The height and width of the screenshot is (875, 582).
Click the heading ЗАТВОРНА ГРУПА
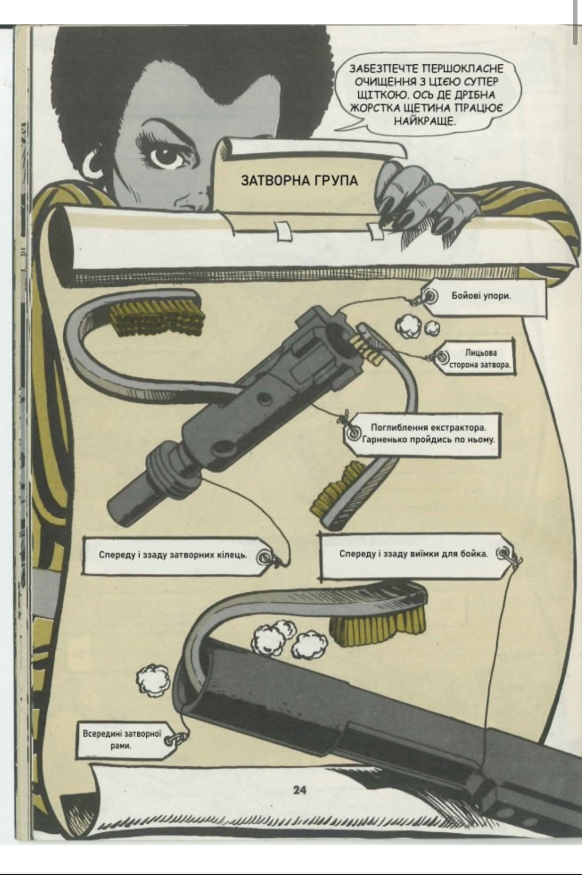point(299,180)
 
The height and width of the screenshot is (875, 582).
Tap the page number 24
point(299,790)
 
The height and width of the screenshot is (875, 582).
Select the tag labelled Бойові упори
point(481,296)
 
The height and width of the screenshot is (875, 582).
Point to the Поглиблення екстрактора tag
point(428,434)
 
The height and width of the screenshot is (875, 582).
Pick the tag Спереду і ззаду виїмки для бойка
point(413,553)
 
